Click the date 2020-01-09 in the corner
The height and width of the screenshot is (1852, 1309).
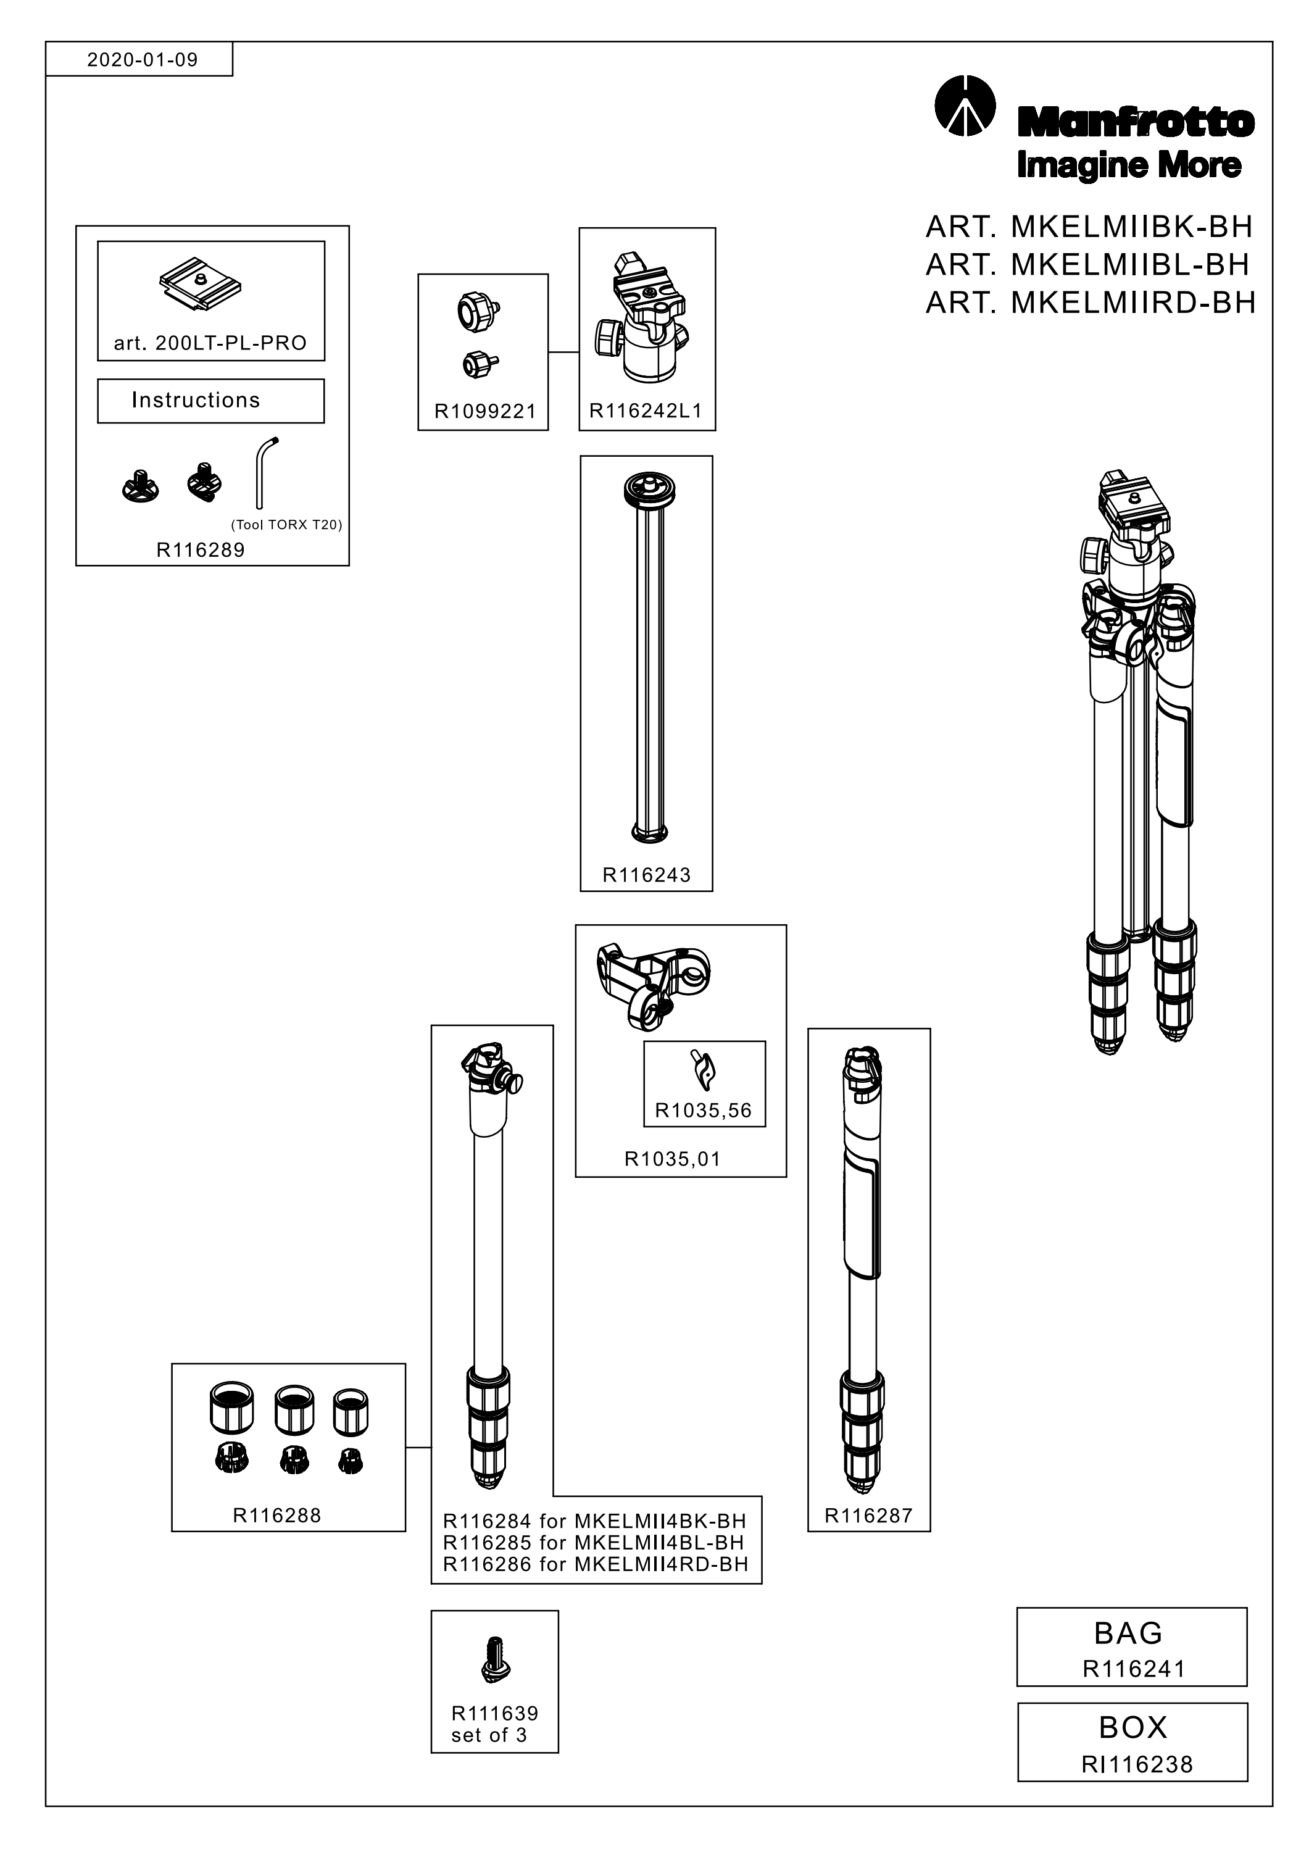[x=142, y=60]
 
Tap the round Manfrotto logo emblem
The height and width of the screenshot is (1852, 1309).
[x=965, y=106]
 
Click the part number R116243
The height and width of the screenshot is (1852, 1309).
[x=647, y=875]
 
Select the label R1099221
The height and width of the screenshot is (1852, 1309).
[x=484, y=411]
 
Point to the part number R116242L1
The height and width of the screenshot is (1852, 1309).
[x=646, y=411]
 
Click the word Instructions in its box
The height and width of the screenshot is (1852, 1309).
[x=196, y=400]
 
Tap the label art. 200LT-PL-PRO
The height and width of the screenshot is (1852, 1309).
[x=210, y=344]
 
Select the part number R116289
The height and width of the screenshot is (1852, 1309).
[x=200, y=550]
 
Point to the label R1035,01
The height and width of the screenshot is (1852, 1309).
[x=673, y=1159]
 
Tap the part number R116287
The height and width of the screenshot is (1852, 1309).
[x=868, y=1516]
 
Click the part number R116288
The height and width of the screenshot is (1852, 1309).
[x=276, y=1516]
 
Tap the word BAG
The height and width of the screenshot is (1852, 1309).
[x=1128, y=1633]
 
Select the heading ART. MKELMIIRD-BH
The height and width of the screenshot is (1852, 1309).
[x=1091, y=302]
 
